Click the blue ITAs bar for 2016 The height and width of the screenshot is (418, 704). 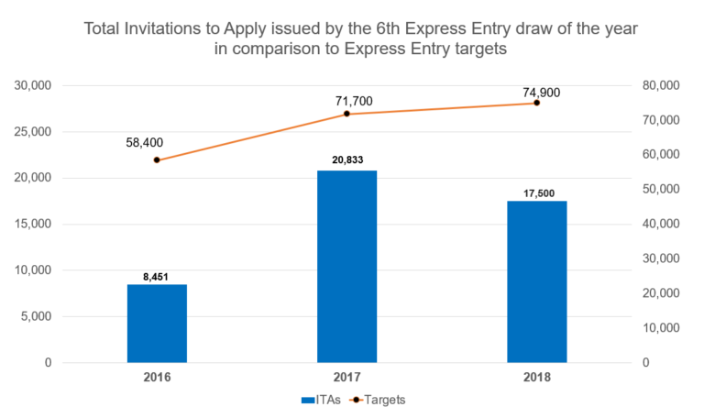tap(157, 324)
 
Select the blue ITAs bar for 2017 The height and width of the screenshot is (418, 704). tap(346, 267)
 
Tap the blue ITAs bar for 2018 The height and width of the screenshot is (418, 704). tap(536, 281)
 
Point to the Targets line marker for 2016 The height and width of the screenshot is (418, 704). tap(157, 160)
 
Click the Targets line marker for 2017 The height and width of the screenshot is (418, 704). tap(346, 114)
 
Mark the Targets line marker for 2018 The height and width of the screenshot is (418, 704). tap(536, 103)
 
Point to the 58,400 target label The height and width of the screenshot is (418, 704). tap(145, 142)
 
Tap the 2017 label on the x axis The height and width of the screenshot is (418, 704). tap(346, 377)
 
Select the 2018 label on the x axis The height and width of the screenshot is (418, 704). tap(536, 377)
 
